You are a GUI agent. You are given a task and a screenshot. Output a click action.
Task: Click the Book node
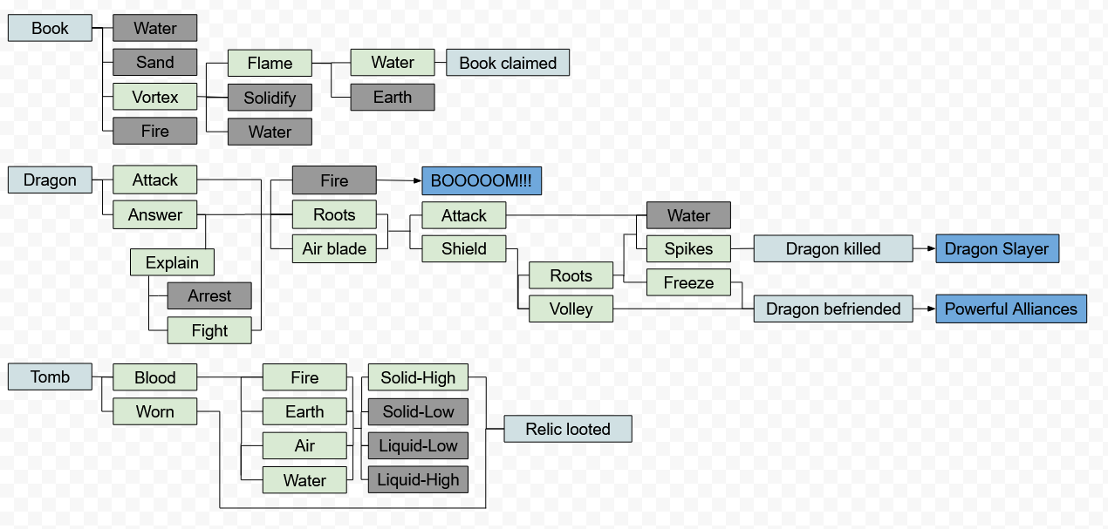[x=50, y=28]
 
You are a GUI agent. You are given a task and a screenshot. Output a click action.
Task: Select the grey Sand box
[x=154, y=62]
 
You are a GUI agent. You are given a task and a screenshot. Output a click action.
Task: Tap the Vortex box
[x=154, y=97]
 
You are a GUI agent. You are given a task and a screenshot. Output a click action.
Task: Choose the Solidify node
[x=270, y=98]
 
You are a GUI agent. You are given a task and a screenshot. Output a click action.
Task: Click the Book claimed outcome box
[x=508, y=63]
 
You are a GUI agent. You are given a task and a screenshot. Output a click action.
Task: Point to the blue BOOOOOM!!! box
[x=482, y=180]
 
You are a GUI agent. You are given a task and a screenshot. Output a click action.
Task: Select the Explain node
[x=172, y=262]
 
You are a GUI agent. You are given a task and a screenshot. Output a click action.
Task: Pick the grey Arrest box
[x=209, y=295]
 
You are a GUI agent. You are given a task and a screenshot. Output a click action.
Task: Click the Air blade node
[x=334, y=248]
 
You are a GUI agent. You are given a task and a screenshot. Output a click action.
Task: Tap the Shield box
[x=463, y=248]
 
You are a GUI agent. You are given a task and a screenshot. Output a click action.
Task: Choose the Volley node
[x=571, y=309]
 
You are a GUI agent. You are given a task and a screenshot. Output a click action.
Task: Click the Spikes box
[x=688, y=248]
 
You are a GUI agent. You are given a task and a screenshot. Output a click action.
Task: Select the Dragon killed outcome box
[x=833, y=248]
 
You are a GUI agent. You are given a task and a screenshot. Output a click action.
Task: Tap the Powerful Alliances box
[x=1011, y=309]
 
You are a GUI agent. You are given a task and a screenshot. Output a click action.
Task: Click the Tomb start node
[x=50, y=376]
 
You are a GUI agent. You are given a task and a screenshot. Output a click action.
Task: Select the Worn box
[x=154, y=411]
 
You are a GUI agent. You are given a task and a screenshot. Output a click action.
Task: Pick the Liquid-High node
[x=418, y=479]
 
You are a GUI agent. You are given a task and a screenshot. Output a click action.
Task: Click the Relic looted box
[x=567, y=429]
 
